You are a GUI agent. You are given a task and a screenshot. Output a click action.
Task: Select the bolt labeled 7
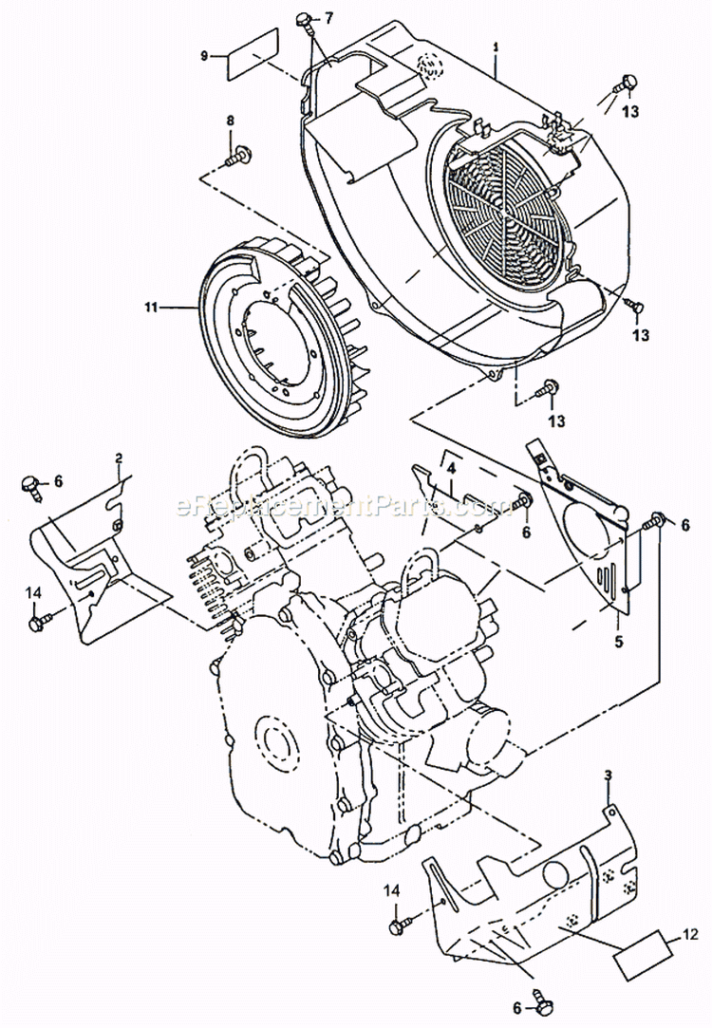[305, 19]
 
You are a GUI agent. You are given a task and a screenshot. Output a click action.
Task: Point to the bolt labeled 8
[240, 151]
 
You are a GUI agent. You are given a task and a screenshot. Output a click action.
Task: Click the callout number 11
[150, 307]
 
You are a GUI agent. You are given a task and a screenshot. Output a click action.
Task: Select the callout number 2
[119, 458]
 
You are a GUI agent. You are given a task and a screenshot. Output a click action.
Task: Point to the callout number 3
[608, 776]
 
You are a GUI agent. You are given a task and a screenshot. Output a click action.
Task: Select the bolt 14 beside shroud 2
[40, 623]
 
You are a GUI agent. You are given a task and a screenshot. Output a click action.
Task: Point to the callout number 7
[329, 18]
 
